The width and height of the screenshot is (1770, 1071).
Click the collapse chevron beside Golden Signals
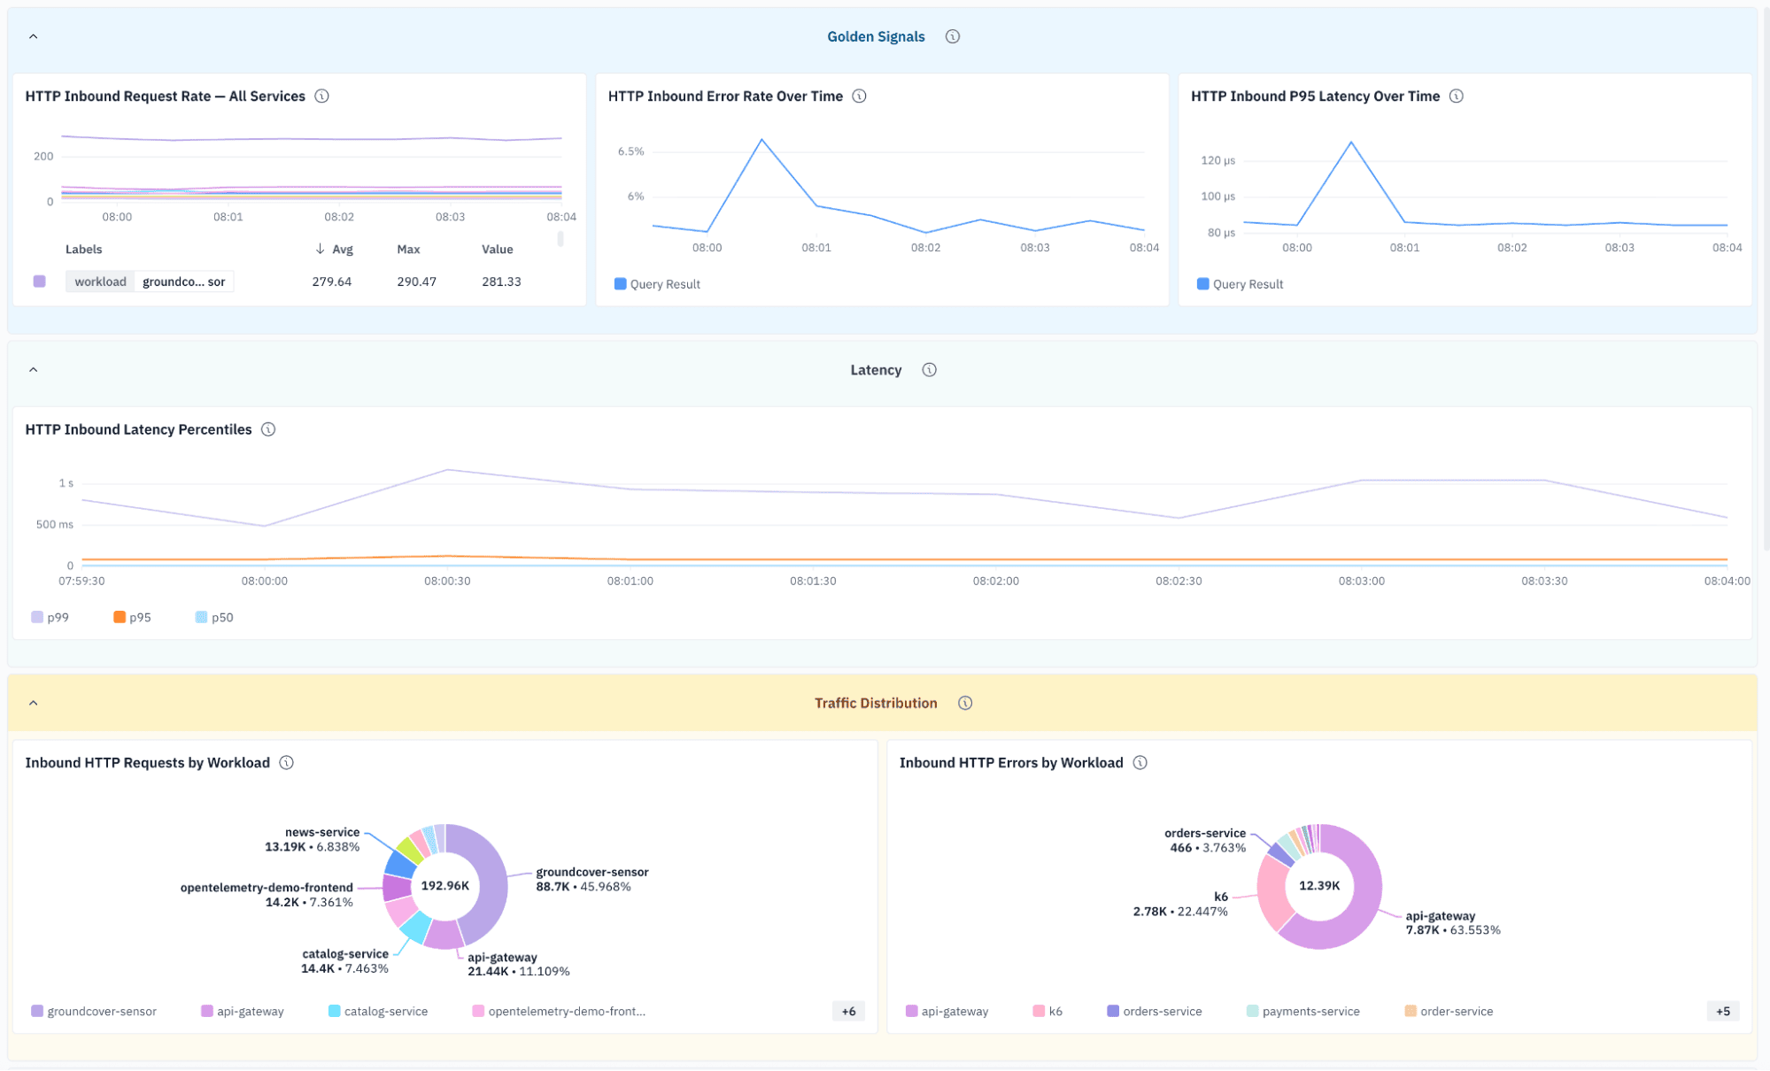33,36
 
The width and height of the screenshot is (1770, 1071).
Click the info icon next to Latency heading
929,370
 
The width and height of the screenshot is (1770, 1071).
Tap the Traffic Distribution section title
876,703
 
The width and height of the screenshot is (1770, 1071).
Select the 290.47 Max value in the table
416,281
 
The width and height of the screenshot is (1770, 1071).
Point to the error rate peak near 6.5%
761,140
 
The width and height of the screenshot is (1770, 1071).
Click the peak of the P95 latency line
1351,142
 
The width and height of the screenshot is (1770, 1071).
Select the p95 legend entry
132,617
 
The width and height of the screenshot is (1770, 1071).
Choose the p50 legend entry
214,617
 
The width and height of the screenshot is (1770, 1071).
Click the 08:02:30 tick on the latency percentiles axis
1179,582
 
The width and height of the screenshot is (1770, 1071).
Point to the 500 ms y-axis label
55,525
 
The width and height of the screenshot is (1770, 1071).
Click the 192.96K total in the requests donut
445,886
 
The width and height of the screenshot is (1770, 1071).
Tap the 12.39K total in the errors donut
1319,886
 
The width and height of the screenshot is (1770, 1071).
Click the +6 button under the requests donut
848,1012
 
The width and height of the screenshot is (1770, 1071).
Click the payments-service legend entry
1302,1012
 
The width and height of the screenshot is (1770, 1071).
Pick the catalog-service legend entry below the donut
378,1012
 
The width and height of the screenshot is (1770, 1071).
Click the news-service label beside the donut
322,832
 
